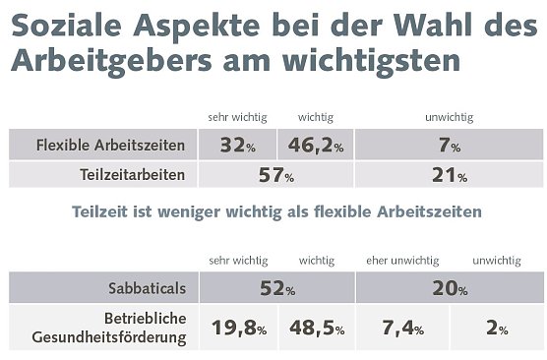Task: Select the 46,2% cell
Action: click(x=315, y=147)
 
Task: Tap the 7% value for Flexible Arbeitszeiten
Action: click(x=449, y=147)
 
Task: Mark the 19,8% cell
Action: click(x=237, y=329)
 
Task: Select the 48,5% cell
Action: click(x=315, y=329)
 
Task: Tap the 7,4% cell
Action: click(x=400, y=329)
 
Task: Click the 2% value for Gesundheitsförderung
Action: click(x=497, y=329)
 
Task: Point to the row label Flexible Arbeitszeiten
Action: click(x=110, y=147)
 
